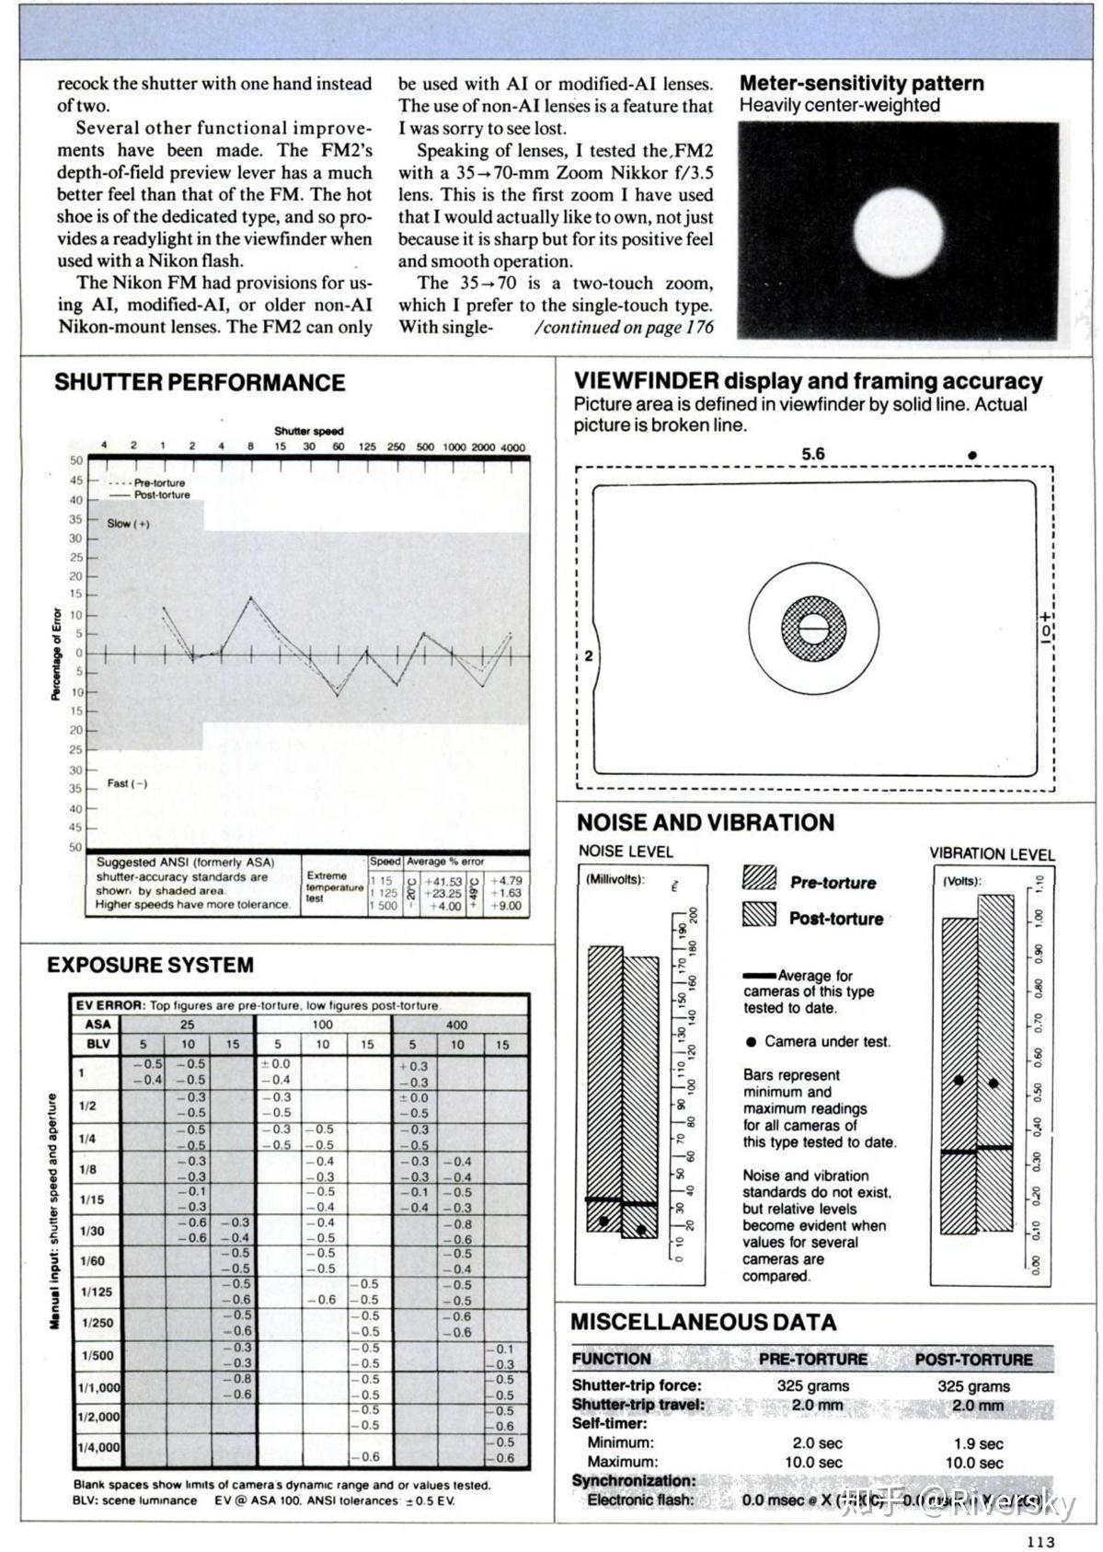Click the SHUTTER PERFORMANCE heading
coord(200,383)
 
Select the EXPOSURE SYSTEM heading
coord(150,966)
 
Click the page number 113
coord(1040,1542)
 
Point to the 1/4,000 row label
coord(98,1446)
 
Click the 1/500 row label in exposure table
coord(97,1355)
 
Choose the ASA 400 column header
coord(456,1025)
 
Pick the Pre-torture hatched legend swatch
coord(759,878)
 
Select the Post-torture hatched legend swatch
coord(759,914)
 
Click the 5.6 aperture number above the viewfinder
coord(813,454)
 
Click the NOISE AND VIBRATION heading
coord(706,823)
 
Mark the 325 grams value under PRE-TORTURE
coord(813,1385)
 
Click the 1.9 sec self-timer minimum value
coord(978,1443)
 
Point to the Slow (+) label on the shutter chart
coord(128,524)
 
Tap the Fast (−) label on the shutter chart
coord(127,783)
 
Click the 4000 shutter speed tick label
coord(512,447)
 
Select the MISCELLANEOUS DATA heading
coord(704,1323)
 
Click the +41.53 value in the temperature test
coord(443,881)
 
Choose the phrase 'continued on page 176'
coord(623,328)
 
